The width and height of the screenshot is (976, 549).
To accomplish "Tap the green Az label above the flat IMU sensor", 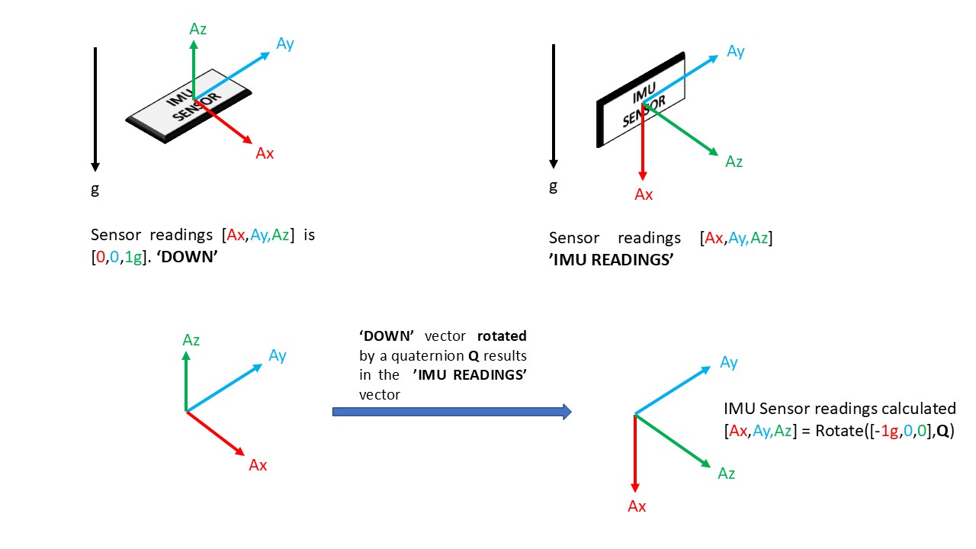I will (x=198, y=30).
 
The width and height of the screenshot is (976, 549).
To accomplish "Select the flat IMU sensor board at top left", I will (x=191, y=107).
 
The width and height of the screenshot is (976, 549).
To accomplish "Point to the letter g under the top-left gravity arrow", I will (x=95, y=188).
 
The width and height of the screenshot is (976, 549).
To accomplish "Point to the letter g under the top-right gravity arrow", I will (x=554, y=185).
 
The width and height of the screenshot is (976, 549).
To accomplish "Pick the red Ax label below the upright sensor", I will (x=644, y=194).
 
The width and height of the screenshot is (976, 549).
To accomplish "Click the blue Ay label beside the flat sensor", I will (x=285, y=44).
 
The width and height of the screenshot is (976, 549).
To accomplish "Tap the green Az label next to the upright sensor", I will (x=734, y=162).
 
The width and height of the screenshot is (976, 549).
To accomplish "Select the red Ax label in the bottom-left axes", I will (x=258, y=465).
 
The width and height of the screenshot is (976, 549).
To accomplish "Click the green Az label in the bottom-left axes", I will (x=191, y=340).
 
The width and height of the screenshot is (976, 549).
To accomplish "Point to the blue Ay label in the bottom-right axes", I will (x=729, y=362).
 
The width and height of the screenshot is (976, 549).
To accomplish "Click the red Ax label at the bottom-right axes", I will (x=637, y=506).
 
